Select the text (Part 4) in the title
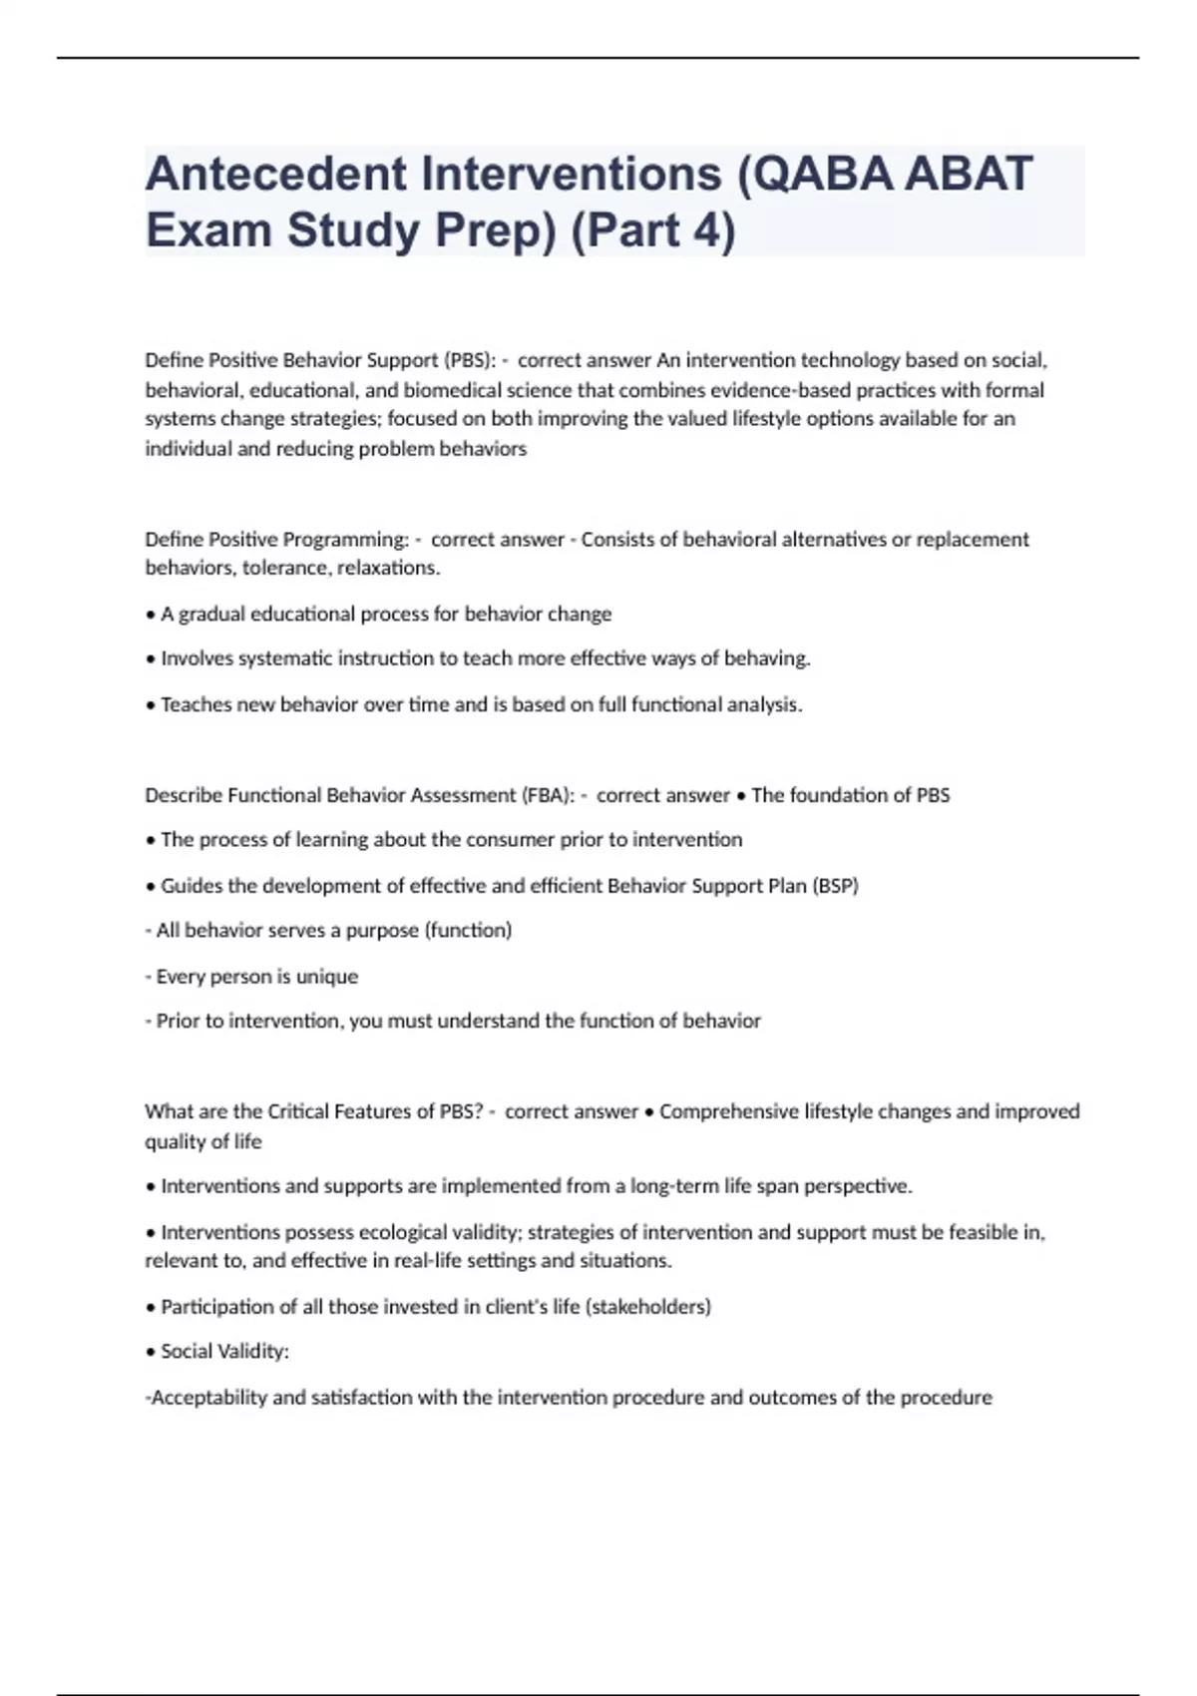pos(652,231)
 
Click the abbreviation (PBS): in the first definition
pos(469,360)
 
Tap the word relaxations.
pos(389,569)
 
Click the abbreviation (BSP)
pos(835,886)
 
